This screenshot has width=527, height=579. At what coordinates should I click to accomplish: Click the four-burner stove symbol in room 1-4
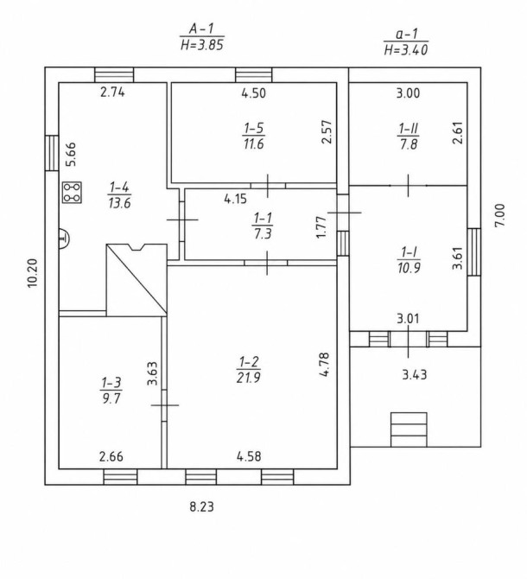72,193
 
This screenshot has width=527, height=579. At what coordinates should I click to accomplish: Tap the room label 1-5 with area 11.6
254,136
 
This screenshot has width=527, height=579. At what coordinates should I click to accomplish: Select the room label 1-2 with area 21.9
249,370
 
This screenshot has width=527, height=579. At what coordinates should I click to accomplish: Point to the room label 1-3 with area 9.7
111,391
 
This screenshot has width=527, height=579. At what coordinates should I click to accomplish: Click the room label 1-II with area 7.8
409,137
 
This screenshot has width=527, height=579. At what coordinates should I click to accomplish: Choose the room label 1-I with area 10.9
409,260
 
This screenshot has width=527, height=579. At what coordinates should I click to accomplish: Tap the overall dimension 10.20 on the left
33,273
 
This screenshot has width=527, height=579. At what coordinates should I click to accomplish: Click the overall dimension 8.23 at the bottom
202,506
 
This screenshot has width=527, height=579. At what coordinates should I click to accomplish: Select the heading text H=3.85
202,45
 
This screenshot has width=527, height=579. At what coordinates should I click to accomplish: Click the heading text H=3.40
406,49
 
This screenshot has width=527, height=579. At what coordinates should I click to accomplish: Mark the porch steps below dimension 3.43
409,429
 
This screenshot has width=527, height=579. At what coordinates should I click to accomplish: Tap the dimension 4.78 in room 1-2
324,365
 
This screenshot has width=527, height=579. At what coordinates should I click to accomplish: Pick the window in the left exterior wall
52,153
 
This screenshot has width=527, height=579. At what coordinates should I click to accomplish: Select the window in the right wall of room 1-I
474,251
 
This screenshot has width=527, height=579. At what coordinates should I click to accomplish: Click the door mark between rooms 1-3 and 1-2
165,405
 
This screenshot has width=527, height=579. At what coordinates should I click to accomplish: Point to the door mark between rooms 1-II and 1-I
408,186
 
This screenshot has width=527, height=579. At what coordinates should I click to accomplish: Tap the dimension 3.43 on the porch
415,375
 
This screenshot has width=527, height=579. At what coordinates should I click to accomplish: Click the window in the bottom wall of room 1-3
120,477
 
